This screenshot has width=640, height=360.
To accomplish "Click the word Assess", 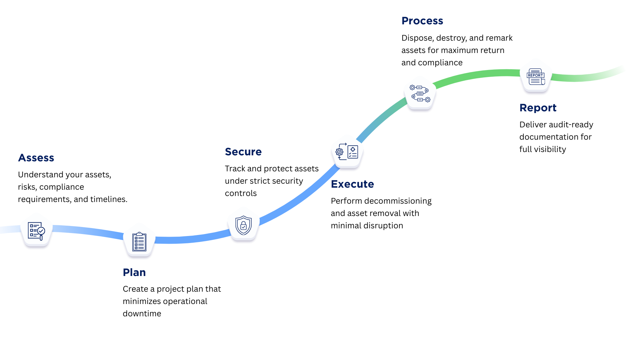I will pos(36,158).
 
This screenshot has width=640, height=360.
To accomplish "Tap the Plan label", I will pos(134,272).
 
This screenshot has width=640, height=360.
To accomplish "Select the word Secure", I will pos(243,152).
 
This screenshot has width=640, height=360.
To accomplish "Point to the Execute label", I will pos(352,184).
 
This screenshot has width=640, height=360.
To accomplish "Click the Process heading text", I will pos(422,21).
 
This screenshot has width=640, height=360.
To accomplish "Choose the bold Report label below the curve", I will pos(538,108).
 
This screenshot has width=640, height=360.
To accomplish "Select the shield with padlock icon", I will pos(243,225).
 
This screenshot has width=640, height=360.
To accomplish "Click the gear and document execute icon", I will pos(347,152).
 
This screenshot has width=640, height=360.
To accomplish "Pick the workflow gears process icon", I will pos(420,93).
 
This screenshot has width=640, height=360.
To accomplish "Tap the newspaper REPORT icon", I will pos(536,76).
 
